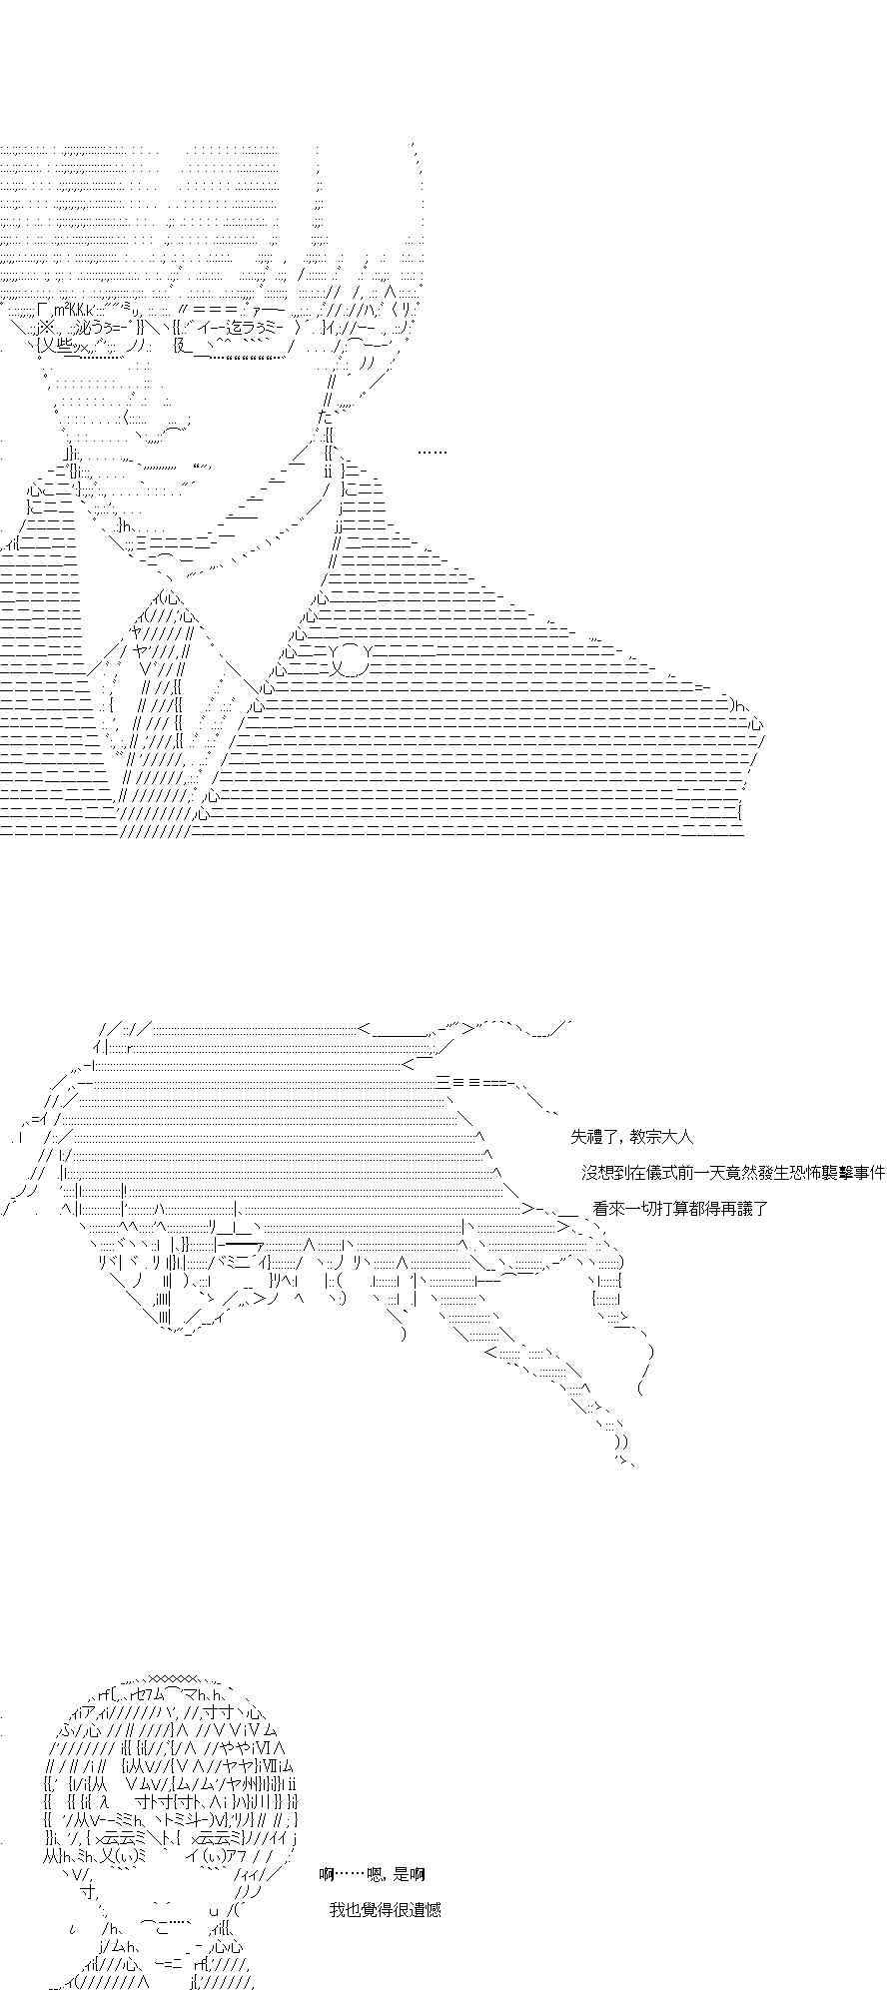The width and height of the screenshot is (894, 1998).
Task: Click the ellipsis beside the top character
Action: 432,453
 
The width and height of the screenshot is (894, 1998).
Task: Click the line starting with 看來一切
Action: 679,1208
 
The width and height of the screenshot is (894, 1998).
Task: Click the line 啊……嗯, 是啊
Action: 372,1874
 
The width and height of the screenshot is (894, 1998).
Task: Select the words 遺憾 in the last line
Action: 425,1910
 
